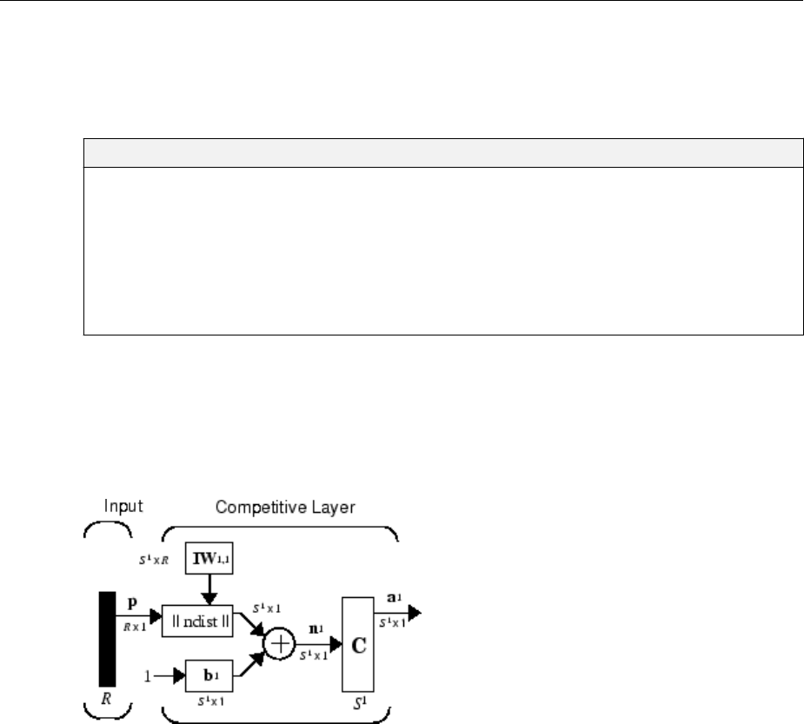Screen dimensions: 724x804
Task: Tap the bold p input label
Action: click(131, 602)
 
